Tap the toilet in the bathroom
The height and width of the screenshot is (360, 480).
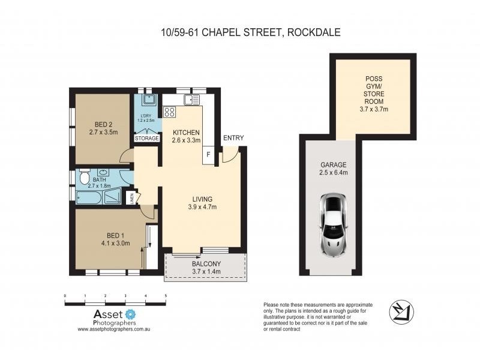click(x=84, y=179)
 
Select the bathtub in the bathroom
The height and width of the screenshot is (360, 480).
click(x=90, y=196)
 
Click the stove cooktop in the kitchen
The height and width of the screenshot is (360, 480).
click(x=169, y=112)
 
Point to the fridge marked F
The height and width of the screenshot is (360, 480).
click(x=208, y=154)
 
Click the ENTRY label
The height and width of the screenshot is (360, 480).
click(x=233, y=138)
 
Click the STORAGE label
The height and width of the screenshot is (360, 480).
click(x=147, y=139)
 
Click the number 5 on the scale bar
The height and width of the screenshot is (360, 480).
click(x=165, y=296)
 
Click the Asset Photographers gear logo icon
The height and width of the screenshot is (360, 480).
click(x=131, y=314)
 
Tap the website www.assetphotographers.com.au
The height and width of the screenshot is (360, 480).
click(x=113, y=329)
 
